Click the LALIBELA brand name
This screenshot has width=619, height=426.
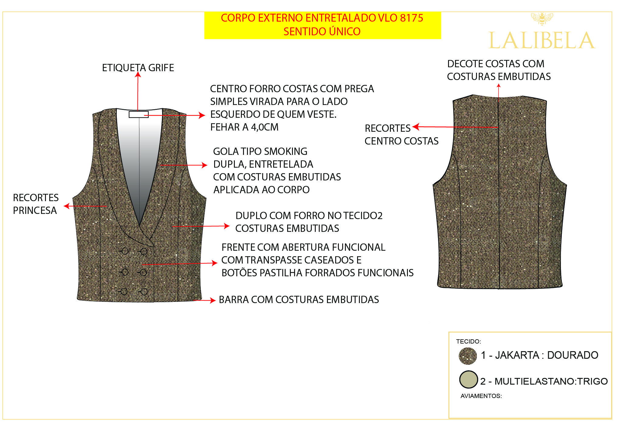tap(541, 41)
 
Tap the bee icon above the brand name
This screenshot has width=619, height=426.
tap(542, 18)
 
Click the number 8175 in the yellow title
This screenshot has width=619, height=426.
tap(412, 18)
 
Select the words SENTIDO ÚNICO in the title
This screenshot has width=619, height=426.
tap(322, 32)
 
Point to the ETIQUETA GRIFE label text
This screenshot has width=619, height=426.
tap(138, 68)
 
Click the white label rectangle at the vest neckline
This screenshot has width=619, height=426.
tap(138, 114)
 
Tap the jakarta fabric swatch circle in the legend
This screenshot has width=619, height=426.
tap(468, 356)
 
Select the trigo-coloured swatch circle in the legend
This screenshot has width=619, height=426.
tap(468, 379)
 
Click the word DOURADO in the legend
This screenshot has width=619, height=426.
tap(572, 355)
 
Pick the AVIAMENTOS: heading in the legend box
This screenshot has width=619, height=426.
tap(481, 396)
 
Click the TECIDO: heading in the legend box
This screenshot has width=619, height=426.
tap(468, 341)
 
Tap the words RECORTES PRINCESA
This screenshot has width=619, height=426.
tap(35, 204)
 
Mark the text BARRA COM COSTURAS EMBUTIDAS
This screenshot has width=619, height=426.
tap(299, 300)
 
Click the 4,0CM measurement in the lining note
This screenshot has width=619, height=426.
tap(265, 127)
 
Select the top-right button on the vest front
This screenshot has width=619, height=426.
tap(144, 251)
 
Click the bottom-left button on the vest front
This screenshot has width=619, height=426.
tap(124, 292)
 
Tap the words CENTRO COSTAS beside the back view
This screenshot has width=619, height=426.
tap(401, 141)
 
